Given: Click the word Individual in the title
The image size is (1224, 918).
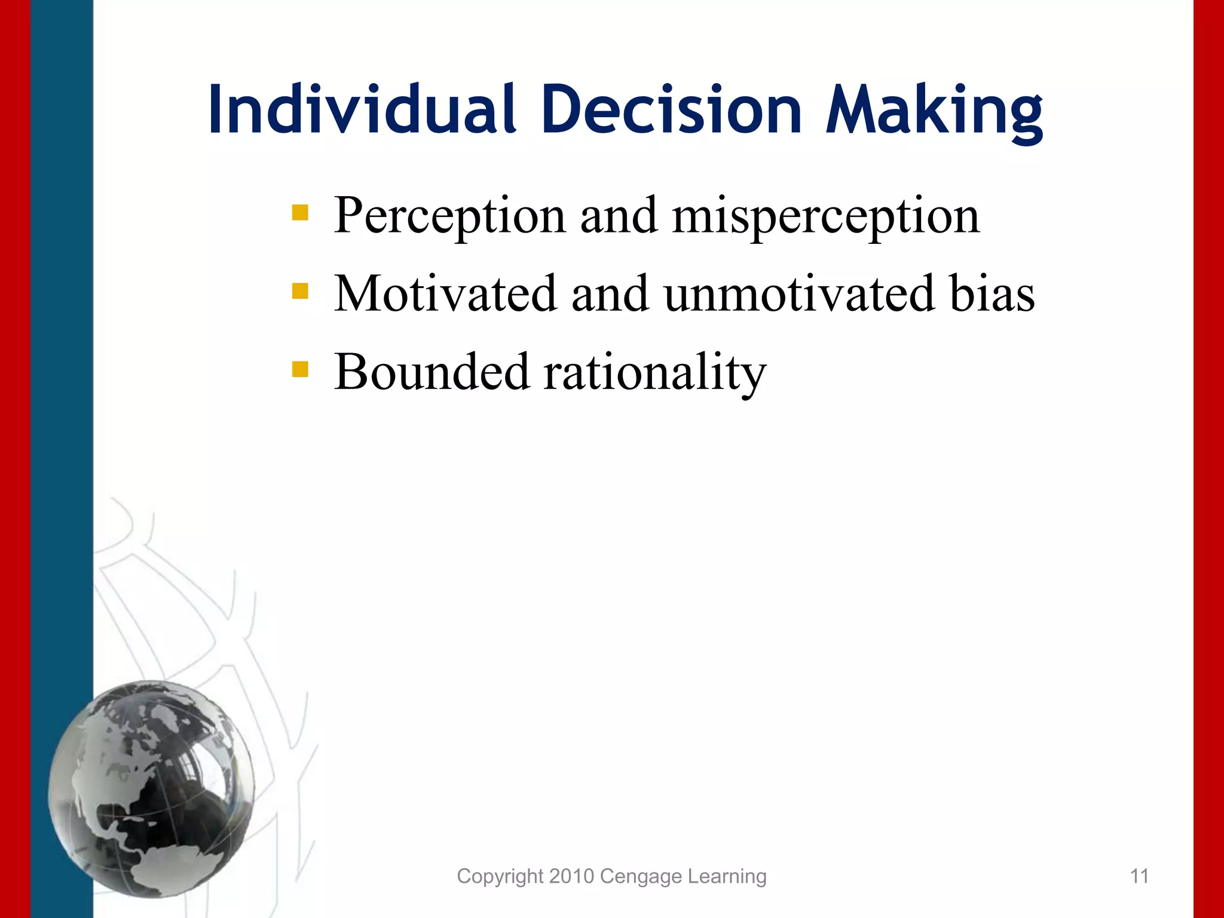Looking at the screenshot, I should coord(361,111).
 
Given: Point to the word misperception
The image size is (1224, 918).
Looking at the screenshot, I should coord(825,216).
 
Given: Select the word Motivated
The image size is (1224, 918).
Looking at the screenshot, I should coord(445,293).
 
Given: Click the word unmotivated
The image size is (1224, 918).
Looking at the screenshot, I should coord(800,293).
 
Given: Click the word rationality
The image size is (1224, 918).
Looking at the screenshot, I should coord(654,373).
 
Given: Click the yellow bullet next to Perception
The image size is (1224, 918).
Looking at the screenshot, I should coord(300,213).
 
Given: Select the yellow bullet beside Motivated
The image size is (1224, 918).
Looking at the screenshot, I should coord(300,291).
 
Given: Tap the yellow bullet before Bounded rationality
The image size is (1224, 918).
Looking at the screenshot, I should coord(300,369).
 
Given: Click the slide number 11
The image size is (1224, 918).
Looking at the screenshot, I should coord(1139,876).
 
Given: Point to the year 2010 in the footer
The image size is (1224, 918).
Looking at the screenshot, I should coord(571,876).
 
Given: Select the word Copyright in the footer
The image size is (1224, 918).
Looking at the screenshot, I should coord(500,877).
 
